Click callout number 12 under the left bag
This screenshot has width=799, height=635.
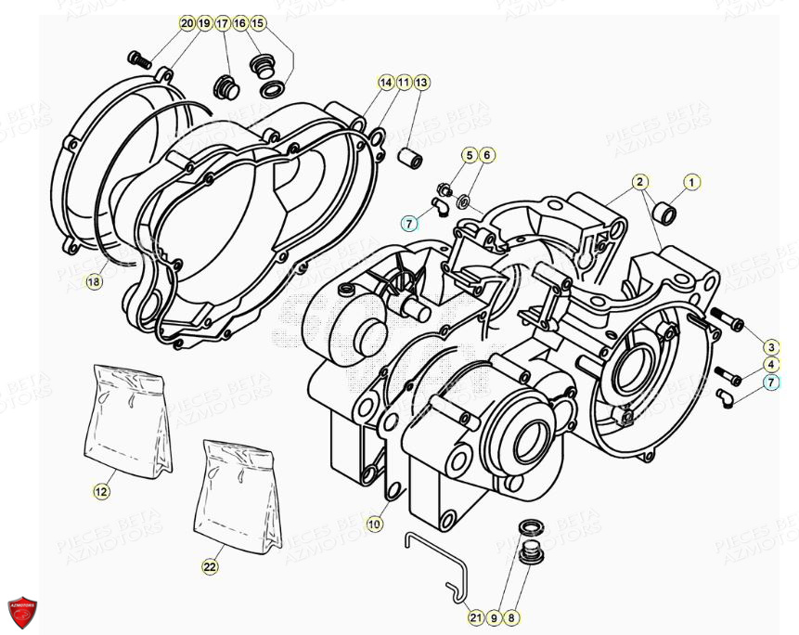click(101, 490)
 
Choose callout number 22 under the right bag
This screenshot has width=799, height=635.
click(211, 564)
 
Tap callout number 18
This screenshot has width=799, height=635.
click(92, 281)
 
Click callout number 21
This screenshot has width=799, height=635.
click(475, 616)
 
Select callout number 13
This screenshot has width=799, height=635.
click(421, 83)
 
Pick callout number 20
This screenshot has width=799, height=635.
click(187, 22)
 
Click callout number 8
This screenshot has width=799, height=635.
click(512, 616)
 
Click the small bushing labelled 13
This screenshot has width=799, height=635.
click(409, 158)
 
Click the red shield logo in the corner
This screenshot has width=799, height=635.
click(21, 612)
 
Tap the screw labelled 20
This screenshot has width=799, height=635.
click(140, 59)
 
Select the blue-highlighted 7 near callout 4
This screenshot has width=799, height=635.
click(771, 382)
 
